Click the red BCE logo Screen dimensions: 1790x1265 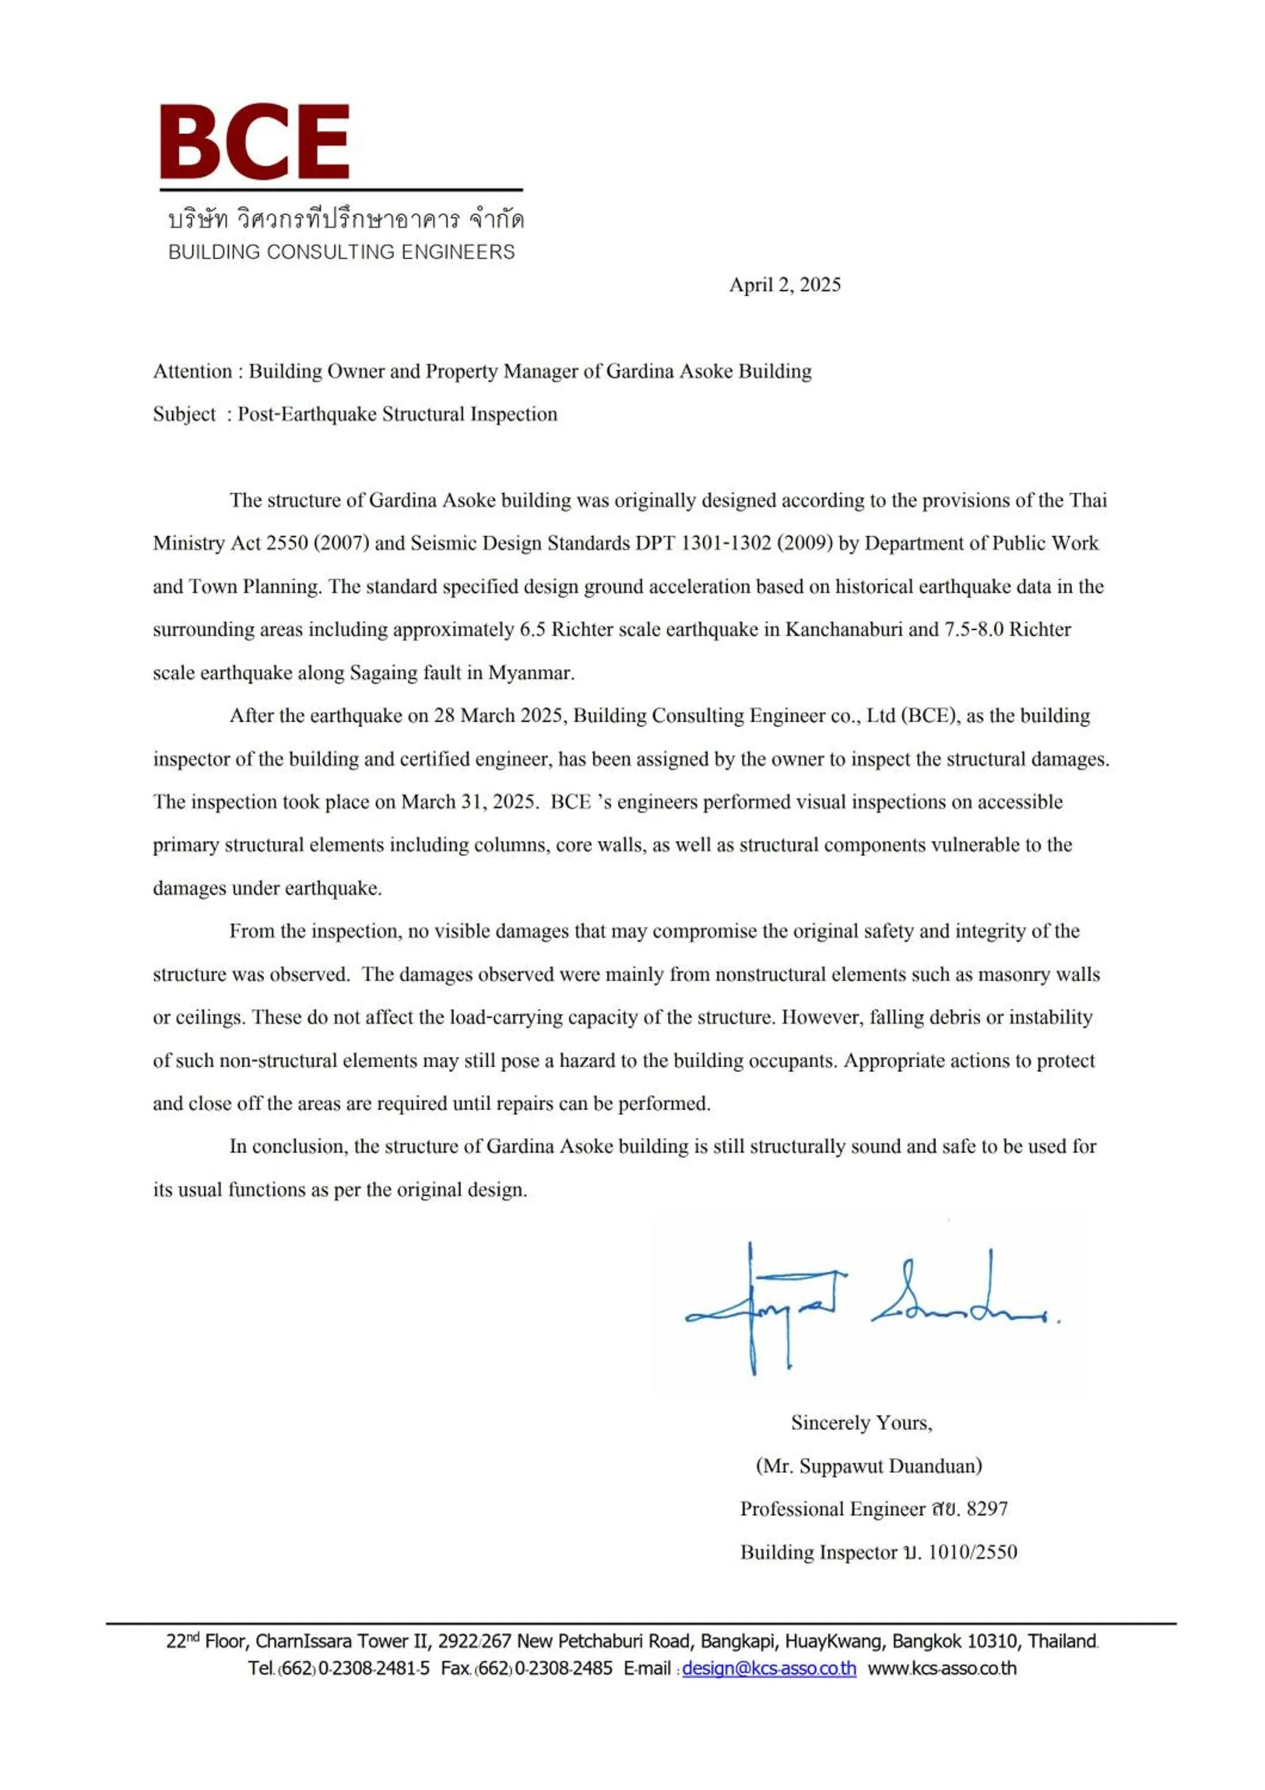[254, 142]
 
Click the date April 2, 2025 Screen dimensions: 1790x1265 [784, 285]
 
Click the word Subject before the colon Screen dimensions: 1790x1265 [184, 414]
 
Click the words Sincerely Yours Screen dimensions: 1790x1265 [861, 1423]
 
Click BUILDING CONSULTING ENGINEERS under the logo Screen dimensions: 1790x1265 [341, 252]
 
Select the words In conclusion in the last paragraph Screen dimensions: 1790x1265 [288, 1146]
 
